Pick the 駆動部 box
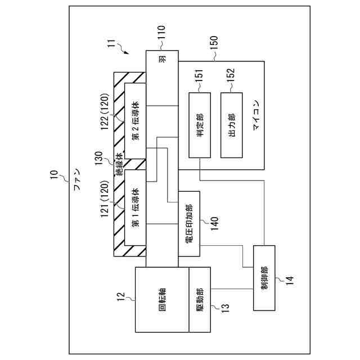click(199, 300)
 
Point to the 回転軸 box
click(162, 300)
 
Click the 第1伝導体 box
click(136, 207)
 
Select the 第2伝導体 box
click(136, 121)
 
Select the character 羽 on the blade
click(162, 59)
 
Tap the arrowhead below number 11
click(128, 53)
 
